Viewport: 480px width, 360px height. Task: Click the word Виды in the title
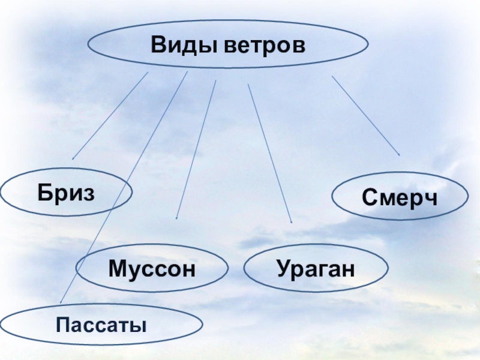[184, 44]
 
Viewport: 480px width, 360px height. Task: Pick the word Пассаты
[101, 326]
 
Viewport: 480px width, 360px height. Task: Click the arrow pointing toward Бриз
[110, 116]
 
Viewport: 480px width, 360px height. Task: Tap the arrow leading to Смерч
[366, 116]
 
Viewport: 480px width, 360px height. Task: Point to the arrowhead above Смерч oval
[398, 154]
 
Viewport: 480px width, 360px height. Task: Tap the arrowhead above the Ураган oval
[291, 221]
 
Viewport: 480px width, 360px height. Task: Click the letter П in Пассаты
[62, 326]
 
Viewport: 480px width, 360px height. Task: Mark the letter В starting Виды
[158, 44]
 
